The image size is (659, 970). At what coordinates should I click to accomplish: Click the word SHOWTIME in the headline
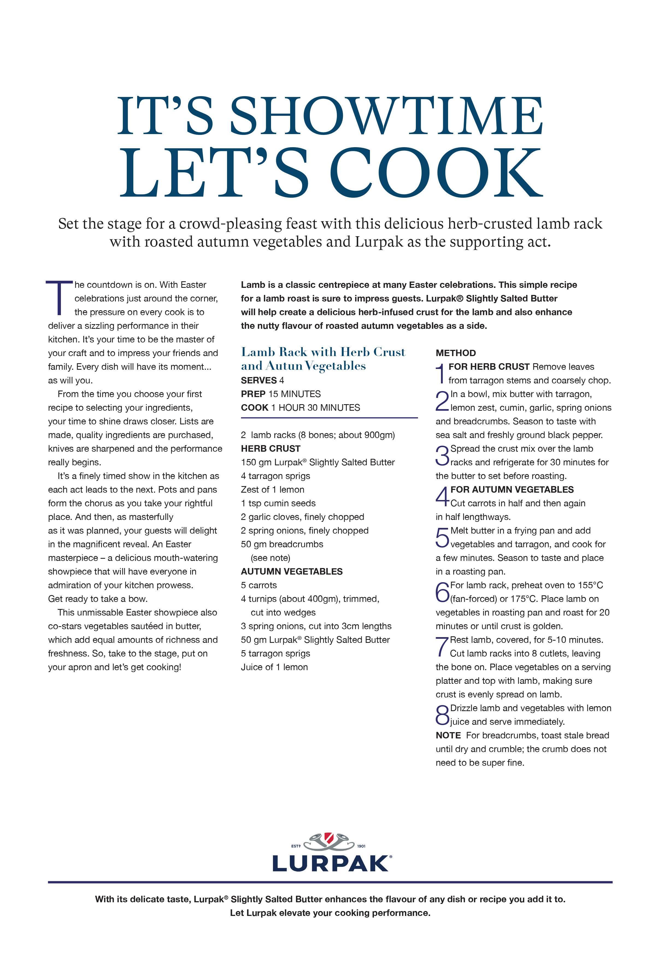pyautogui.click(x=386, y=116)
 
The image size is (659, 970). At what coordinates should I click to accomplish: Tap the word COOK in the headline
pyautogui.click(x=436, y=172)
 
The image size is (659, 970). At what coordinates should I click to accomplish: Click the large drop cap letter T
pyautogui.click(x=59, y=298)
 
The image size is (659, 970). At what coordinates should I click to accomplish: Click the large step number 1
pyautogui.click(x=441, y=374)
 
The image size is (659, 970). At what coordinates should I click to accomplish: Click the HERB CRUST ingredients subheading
pyautogui.click(x=270, y=449)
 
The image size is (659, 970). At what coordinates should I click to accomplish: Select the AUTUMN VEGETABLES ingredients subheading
pyautogui.click(x=292, y=571)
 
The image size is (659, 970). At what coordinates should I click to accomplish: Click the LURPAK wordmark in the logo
pyautogui.click(x=330, y=864)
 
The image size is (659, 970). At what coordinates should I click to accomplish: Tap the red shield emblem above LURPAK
pyautogui.click(x=329, y=838)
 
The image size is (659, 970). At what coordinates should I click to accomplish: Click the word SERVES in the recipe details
pyautogui.click(x=258, y=380)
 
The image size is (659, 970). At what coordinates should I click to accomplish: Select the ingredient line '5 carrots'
pyautogui.click(x=259, y=585)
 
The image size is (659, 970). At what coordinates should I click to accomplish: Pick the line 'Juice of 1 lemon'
pyautogui.click(x=274, y=667)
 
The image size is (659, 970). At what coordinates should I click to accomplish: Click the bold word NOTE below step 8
pyautogui.click(x=448, y=735)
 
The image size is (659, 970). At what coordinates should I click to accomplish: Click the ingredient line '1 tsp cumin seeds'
pyautogui.click(x=278, y=503)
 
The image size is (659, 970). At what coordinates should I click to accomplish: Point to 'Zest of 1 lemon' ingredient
pyautogui.click(x=272, y=490)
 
